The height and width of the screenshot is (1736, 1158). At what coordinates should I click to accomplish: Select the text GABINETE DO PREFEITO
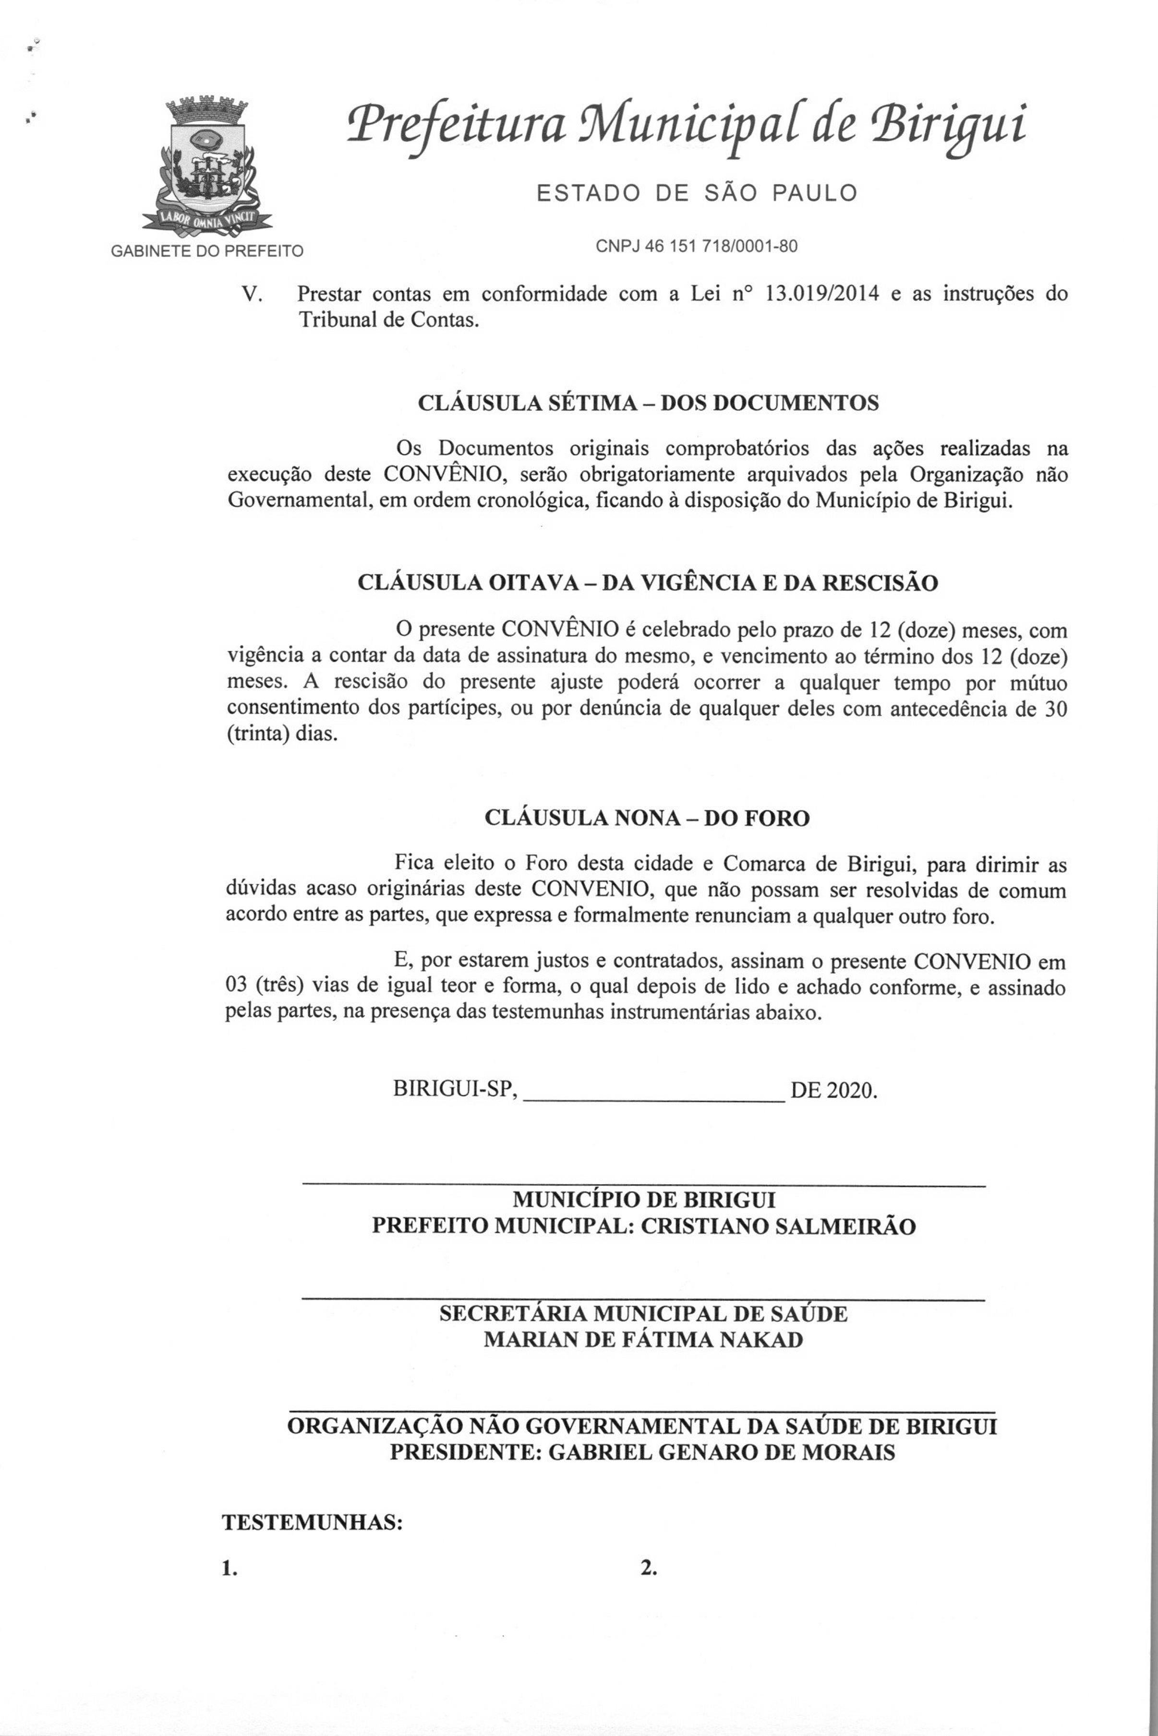pos(207,251)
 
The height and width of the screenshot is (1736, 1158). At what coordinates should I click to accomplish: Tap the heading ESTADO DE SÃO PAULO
pos(697,193)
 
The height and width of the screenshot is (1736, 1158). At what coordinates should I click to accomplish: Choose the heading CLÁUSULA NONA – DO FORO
pos(647,818)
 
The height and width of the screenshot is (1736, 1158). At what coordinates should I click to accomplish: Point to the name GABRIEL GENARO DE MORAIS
pos(722,1452)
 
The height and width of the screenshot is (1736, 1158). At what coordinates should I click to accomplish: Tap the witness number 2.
pos(649,1569)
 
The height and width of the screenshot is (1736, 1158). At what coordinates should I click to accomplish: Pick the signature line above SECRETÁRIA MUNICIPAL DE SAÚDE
pos(644,1299)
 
